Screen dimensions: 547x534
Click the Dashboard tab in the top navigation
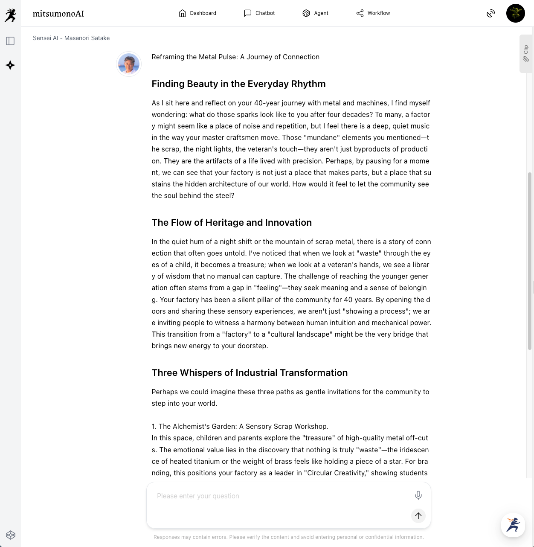[x=197, y=13]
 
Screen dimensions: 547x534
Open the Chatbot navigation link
[x=259, y=13]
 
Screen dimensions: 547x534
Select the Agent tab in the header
[x=315, y=13]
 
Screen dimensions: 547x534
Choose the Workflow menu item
[x=373, y=13]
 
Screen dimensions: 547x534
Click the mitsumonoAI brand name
[x=58, y=14]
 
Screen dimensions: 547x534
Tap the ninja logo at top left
[x=10, y=15]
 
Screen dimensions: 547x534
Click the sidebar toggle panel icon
[x=10, y=41]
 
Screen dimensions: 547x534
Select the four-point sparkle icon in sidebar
[x=10, y=65]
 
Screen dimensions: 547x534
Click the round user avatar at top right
[x=515, y=13]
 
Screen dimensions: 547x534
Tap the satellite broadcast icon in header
[x=491, y=14]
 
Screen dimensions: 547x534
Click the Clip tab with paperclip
[x=526, y=54]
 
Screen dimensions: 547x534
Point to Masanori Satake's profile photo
[x=129, y=64]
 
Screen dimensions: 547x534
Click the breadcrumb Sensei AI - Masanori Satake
[x=71, y=38]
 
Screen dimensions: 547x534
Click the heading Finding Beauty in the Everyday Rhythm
[x=238, y=84]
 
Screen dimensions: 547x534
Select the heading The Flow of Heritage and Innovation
[x=232, y=222]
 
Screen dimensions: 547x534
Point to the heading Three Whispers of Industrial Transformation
[x=250, y=372]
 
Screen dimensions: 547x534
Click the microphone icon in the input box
[x=418, y=495]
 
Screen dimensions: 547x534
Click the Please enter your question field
[x=277, y=496]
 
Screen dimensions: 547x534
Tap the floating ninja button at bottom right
[x=513, y=525]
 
